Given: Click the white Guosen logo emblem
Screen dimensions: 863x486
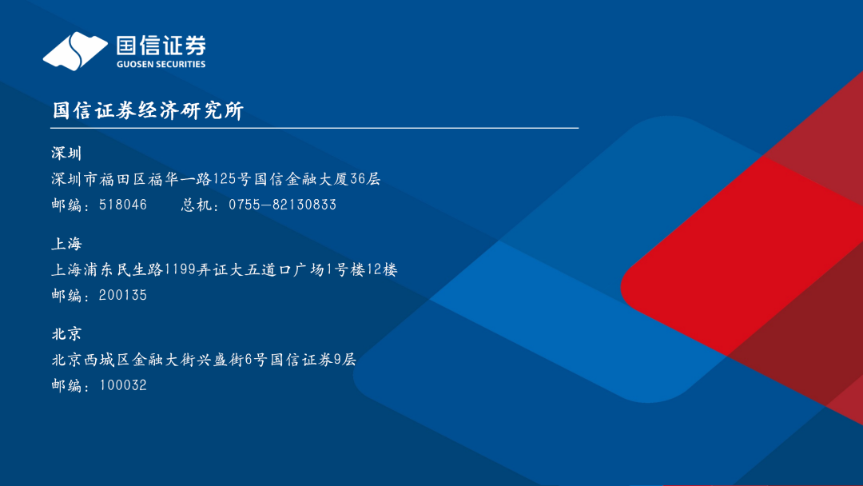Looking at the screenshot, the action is coord(75,51).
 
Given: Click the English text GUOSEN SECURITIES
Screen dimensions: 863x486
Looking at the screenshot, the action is coord(161,65).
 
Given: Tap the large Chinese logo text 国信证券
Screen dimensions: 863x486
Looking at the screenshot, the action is coord(161,45).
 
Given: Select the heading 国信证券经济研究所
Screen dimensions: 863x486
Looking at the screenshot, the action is coord(148,110).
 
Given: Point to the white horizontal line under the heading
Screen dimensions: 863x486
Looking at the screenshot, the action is coord(314,128).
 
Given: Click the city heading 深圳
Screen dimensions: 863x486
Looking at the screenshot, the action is coord(66,153).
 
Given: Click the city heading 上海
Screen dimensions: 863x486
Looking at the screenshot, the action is coord(66,244).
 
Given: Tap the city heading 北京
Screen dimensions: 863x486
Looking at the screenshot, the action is coord(66,334).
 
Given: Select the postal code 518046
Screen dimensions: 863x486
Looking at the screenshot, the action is coord(123,205).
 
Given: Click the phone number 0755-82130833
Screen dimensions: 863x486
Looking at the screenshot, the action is coord(282,205).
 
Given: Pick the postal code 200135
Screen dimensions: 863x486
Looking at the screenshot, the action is coord(123,295).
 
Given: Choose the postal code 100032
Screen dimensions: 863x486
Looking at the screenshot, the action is coord(123,385).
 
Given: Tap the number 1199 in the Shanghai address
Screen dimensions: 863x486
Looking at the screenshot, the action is coord(180,269).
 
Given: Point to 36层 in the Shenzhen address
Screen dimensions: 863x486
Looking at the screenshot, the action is coord(365,179).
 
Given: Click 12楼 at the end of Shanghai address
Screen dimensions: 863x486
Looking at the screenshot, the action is coord(382,269).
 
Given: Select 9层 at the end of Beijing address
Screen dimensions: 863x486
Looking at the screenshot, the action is coord(345,360).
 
